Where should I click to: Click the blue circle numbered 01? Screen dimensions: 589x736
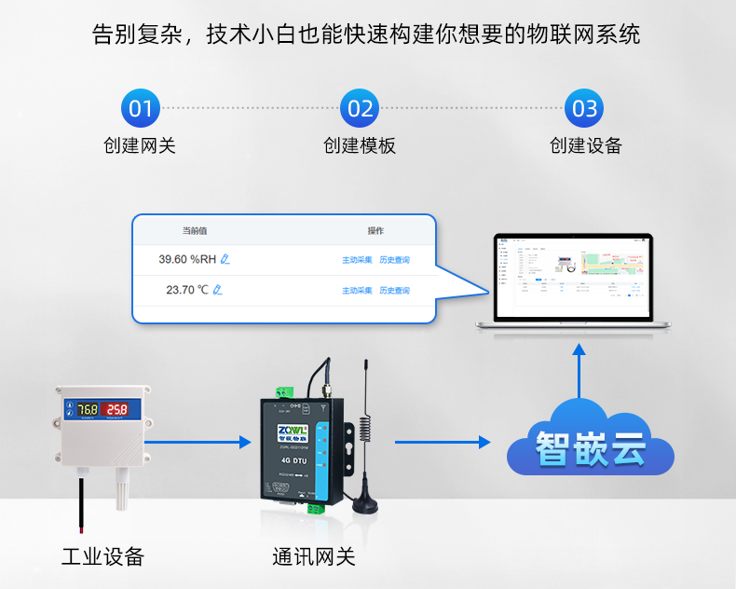tap(140, 109)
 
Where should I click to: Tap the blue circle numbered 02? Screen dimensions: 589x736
tap(361, 109)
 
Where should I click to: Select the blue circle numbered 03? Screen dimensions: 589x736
tap(584, 109)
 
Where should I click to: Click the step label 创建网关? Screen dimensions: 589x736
tap(140, 145)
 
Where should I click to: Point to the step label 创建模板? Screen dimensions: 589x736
tap(360, 145)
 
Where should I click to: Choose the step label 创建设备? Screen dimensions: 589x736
tap(585, 145)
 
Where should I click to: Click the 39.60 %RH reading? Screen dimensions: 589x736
tap(187, 259)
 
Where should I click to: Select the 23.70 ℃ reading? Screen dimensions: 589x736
tap(186, 290)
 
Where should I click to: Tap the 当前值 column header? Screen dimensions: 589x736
tap(194, 231)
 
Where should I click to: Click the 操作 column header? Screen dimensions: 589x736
tap(375, 231)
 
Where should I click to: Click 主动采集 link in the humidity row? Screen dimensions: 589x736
tap(357, 260)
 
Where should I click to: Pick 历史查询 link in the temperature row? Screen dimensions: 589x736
tap(394, 291)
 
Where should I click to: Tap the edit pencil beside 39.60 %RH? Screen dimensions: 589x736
tap(225, 259)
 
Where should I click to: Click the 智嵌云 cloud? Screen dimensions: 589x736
tap(590, 441)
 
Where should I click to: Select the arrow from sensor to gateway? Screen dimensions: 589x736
tap(207, 442)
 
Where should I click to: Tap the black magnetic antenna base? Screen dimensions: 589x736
tap(364, 504)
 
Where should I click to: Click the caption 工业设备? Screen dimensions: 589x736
tap(103, 557)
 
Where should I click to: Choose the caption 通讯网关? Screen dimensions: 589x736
tap(314, 557)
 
